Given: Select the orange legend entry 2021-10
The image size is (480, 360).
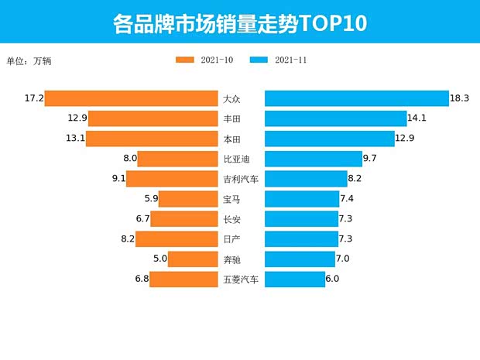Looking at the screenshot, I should pos(204,60).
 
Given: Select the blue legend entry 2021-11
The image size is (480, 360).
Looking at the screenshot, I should pos(279,60).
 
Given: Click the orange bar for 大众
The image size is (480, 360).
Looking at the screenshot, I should pos(132,98).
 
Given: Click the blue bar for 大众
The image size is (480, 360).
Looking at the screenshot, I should pos(357,98).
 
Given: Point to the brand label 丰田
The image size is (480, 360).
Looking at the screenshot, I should pos(231,118).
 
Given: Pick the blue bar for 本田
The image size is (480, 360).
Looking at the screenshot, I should pos(330,139).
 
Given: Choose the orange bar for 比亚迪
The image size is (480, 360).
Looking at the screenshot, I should pos(177,159).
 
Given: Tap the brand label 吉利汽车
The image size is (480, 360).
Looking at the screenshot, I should pos(241,179).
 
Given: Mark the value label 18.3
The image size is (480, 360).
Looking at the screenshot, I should pos(460,98).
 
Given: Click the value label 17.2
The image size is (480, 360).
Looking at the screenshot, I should pos(34,98).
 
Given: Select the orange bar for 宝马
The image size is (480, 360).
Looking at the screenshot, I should pos(187,199).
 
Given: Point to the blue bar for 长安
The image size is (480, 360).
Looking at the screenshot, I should pos(301,219).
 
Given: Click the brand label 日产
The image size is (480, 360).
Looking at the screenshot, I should pos(231,239).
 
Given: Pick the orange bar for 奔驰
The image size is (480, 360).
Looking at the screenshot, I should pos(193,259).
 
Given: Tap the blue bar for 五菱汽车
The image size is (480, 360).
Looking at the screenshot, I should pos(295,279).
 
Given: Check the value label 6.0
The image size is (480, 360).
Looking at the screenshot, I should pos(333,279).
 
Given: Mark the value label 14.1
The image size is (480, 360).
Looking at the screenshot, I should pos(417,118).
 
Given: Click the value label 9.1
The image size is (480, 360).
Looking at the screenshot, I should pos(117,179).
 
